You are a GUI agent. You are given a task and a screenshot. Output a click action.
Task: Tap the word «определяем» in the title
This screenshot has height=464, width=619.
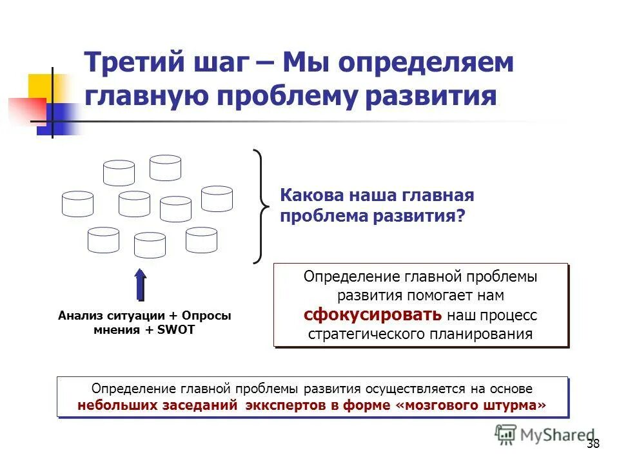[x=427, y=64]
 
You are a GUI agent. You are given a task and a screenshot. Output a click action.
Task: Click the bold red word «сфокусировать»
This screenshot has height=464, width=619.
[x=373, y=314]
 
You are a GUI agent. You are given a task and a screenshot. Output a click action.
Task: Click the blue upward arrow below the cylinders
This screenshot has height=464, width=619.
[x=141, y=284]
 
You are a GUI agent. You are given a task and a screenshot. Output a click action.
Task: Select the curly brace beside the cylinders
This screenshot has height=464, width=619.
[x=260, y=206]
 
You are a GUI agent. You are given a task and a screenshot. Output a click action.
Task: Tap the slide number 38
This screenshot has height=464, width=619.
[x=593, y=444]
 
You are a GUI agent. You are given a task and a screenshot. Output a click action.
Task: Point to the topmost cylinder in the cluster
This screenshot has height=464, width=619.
[x=165, y=168]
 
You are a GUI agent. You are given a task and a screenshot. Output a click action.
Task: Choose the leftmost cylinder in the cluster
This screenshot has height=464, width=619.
[x=77, y=204]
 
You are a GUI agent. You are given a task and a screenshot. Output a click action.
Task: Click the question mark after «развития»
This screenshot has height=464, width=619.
[x=460, y=217]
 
